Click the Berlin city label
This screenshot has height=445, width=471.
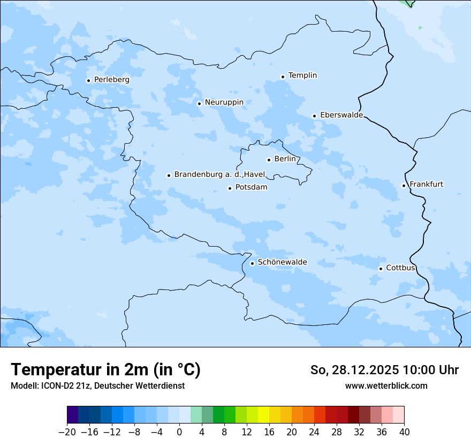(x=285, y=159)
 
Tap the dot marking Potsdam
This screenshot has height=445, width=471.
(x=230, y=188)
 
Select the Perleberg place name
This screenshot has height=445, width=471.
(x=111, y=80)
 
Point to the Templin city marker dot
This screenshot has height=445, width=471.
(x=283, y=77)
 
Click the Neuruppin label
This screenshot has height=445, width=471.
(x=224, y=102)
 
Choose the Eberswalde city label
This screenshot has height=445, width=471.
(x=341, y=115)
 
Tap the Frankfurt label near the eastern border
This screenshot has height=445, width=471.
(x=426, y=184)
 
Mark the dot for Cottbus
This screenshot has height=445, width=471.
(x=381, y=269)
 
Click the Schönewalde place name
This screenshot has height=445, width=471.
(x=282, y=262)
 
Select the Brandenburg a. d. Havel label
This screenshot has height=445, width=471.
(x=219, y=175)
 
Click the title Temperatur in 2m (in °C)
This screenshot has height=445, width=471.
(x=106, y=370)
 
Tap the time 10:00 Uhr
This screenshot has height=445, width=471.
(x=431, y=370)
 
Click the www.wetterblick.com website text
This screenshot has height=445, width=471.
(x=386, y=385)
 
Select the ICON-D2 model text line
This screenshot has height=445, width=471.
(x=97, y=385)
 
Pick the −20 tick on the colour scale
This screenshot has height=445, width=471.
(x=67, y=432)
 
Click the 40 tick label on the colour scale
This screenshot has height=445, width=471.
(x=404, y=432)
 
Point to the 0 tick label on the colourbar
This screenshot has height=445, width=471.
(x=179, y=432)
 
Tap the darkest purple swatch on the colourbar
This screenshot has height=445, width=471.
(x=73, y=415)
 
